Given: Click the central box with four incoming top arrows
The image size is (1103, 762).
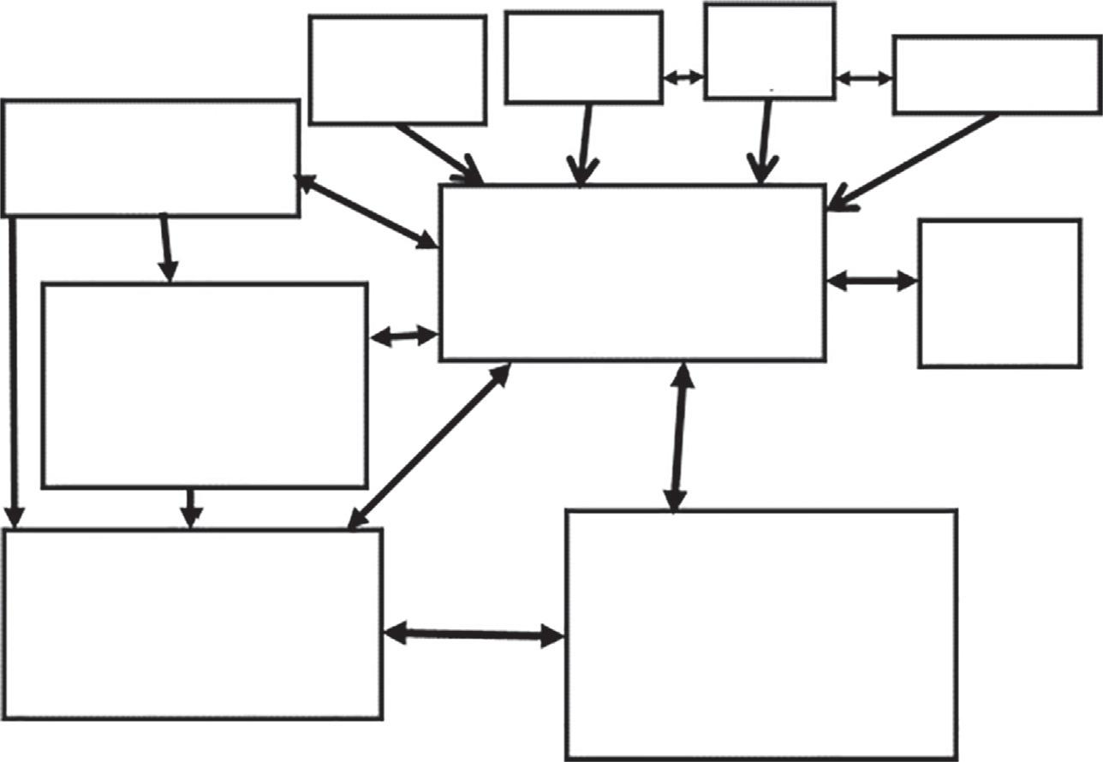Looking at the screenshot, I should click(x=632, y=272).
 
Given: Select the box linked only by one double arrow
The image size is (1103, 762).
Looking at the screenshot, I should click(x=999, y=294).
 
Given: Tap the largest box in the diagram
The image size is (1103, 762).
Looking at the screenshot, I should click(x=760, y=634).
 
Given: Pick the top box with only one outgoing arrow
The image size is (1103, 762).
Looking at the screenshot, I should click(x=397, y=69).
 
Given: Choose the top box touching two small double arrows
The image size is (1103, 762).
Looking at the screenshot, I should click(x=769, y=51).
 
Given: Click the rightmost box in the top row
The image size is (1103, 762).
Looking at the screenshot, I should click(x=997, y=74).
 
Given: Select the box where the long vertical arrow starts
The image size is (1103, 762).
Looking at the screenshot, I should click(x=151, y=158).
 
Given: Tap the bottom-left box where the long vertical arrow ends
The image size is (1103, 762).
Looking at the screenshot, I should click(x=192, y=623).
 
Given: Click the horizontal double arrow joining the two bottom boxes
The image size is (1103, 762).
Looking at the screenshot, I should click(x=474, y=634).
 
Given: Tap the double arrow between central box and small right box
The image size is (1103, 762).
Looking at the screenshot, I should click(x=872, y=280).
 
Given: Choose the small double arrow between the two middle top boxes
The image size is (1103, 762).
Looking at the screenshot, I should click(x=683, y=77).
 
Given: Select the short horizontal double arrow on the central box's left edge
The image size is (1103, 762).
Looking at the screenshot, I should click(x=403, y=336).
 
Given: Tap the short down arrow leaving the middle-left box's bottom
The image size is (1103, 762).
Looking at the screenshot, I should click(x=192, y=507).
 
